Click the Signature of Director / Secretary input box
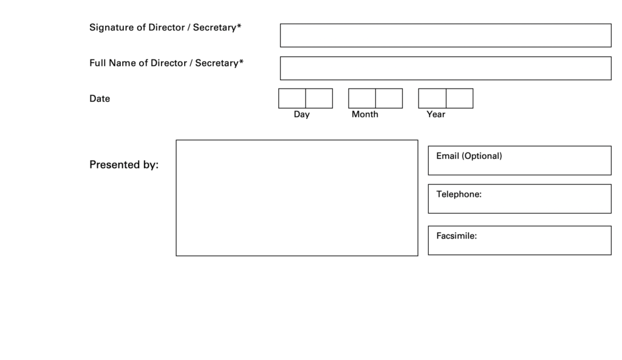pos(445,35)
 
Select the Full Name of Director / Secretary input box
pos(445,68)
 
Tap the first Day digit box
pos(292,98)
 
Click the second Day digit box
pos(319,98)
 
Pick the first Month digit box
pos(362,98)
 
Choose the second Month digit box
pos(389,98)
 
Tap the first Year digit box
pos(432,98)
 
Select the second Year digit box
pos(459,98)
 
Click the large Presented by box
pos(296,198)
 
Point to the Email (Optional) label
pos(469,156)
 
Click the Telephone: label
pos(459,194)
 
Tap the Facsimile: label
pos(457,236)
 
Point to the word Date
pos(100,99)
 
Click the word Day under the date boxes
pos(301,115)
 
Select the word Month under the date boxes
pos(365,114)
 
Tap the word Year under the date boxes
pos(436,114)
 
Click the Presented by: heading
pos(124,165)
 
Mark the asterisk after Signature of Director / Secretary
pos(239,26)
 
